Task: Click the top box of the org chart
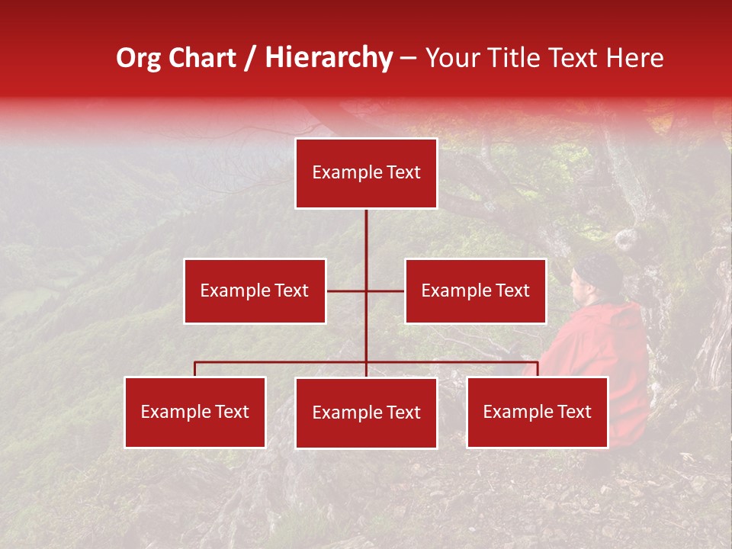[x=366, y=173]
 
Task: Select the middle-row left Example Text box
[x=255, y=291]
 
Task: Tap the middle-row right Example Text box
[x=475, y=291]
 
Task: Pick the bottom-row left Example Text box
[x=195, y=412]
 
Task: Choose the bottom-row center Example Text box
[x=366, y=413]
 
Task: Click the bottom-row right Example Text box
[x=537, y=412]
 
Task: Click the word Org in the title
[x=138, y=58]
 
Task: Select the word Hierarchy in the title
[x=329, y=58]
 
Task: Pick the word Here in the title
[x=634, y=58]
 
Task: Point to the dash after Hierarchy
[x=408, y=58]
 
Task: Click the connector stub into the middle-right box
[x=386, y=291]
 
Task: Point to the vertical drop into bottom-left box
[x=195, y=369]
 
